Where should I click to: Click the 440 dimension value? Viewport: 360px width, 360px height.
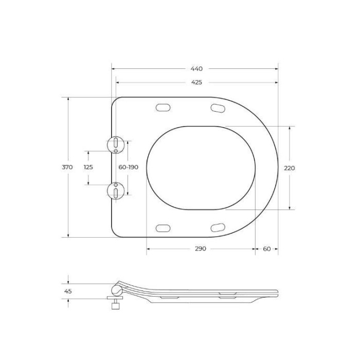tap(196, 68)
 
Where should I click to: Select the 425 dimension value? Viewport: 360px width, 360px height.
tap(196, 82)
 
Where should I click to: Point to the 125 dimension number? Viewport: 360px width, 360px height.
tap(88, 167)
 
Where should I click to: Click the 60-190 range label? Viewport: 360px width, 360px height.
tap(128, 167)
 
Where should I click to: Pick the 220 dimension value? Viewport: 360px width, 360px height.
tap(290, 168)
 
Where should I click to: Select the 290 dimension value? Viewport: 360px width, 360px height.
tap(201, 248)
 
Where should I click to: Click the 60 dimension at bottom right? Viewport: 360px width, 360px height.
tap(266, 248)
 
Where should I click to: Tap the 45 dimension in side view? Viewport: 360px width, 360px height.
tap(68, 291)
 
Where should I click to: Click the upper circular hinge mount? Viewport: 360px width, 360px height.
tap(116, 144)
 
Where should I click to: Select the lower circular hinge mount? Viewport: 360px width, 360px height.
tap(116, 190)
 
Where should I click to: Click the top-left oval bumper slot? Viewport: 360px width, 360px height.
tap(163, 107)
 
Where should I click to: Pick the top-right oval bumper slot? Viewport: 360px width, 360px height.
tap(218, 107)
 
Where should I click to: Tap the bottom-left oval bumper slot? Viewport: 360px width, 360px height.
tap(163, 227)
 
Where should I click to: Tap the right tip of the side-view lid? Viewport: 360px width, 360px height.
tap(277, 294)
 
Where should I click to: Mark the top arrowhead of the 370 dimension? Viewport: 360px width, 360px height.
tap(68, 98)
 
